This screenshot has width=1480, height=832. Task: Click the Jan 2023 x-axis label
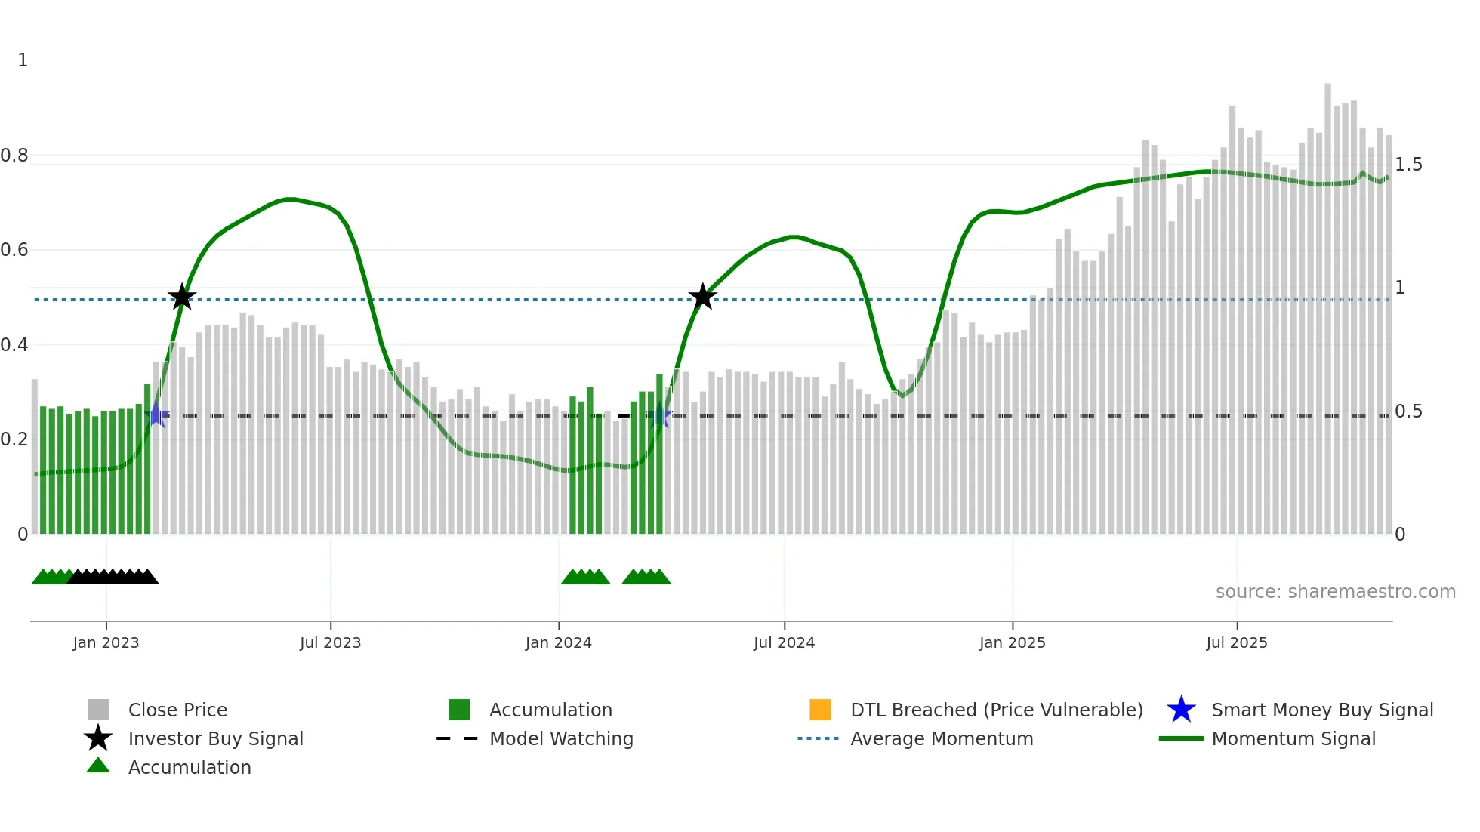106,642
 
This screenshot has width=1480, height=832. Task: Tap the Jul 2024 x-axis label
784,642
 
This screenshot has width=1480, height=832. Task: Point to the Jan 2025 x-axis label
1012,642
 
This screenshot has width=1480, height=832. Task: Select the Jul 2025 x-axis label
1236,642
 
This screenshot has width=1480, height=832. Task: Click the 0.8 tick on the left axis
15,156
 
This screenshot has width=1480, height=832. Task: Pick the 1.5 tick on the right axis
1408,165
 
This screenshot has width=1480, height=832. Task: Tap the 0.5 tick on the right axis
1408,411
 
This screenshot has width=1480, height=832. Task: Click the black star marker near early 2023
181,297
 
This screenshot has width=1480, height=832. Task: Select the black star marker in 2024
702,297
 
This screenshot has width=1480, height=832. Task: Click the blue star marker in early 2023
156,414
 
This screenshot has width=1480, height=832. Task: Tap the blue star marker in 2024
660,414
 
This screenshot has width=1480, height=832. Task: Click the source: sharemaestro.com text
1335,592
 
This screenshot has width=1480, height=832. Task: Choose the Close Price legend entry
177,710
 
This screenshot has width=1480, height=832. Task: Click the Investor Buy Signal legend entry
215,738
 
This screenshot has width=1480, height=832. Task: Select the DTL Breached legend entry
996,710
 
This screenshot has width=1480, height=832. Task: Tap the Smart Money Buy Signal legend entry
1321,710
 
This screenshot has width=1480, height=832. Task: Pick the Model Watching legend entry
561,738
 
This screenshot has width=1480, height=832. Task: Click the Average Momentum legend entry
942,738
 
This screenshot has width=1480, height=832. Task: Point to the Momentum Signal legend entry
1293,738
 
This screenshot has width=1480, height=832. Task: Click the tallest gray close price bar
1327,302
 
